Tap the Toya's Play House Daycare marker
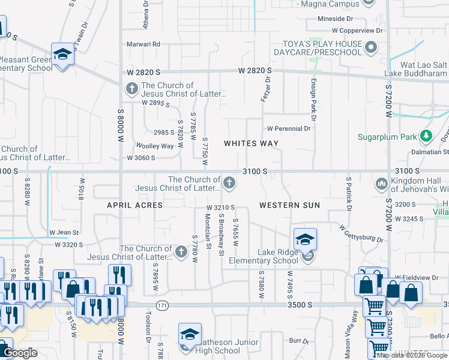click(372, 47)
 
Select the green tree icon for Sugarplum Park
click(426, 137)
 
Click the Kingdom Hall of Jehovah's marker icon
click(381, 183)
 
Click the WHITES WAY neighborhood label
click(252, 143)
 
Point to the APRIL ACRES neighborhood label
click(135, 205)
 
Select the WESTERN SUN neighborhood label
click(289, 205)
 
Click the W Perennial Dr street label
click(289, 128)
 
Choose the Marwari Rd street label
click(143, 44)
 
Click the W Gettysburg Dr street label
click(361, 234)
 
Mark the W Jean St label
click(64, 232)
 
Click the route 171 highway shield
click(162, 306)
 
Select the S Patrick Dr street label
click(348, 193)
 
